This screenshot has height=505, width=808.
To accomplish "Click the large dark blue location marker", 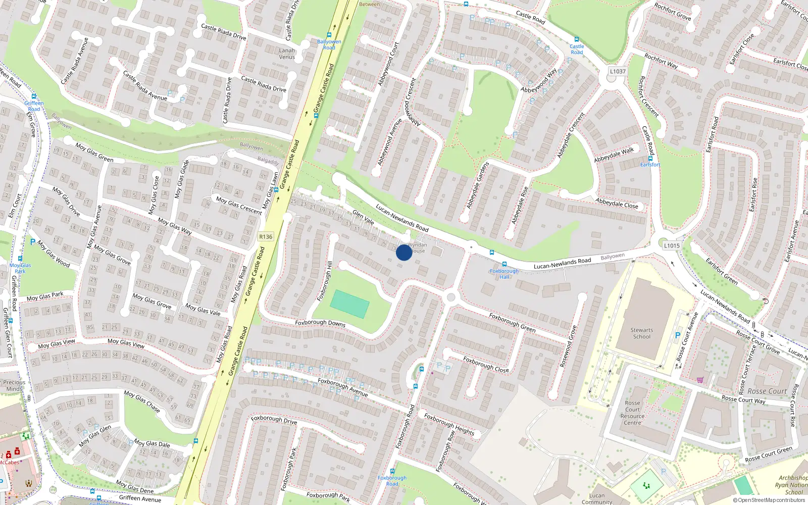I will pos(404,252).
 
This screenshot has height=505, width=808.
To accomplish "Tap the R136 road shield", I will pos(266,236).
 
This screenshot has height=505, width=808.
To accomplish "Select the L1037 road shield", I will pos(617,71).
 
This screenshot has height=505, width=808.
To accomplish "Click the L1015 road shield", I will pos(672,245).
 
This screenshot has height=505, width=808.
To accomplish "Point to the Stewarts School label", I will pos(642,333).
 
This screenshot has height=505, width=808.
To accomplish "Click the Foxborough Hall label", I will pos(504,274).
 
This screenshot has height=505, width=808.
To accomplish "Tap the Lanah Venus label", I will pos(287,54).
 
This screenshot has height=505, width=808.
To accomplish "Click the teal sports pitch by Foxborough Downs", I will pos(349,305).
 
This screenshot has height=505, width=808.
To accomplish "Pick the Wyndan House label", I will pos(418,247).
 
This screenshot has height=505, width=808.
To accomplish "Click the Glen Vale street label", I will pos(363,217).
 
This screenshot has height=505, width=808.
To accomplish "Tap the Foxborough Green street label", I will pos(512,322).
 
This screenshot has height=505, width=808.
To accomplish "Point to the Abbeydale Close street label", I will pos(617,203).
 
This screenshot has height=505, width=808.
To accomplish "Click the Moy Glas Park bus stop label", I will pos(20,268).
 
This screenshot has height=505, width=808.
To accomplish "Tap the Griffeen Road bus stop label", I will pos(34,106).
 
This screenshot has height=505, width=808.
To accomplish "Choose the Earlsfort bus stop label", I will pos(650,165).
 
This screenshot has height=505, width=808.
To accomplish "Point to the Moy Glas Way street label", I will pos(175,226).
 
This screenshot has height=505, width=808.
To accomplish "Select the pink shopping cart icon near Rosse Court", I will pos(700,380).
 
